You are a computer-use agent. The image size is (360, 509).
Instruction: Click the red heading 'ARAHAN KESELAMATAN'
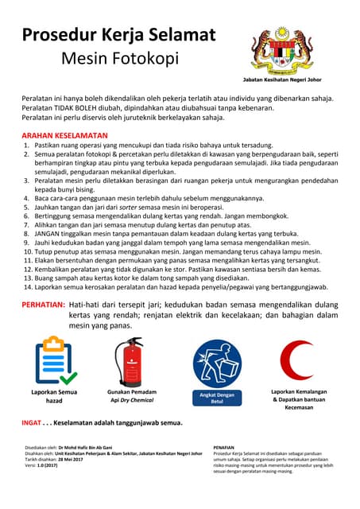point(64,136)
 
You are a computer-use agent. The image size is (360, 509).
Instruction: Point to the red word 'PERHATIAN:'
point(43,305)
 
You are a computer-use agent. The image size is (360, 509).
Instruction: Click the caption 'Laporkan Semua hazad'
point(54,396)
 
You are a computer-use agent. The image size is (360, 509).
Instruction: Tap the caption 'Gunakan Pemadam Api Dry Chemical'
point(132,396)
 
